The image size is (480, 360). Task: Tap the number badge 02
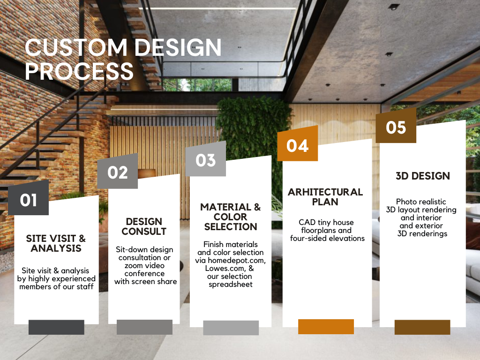coord(118,172)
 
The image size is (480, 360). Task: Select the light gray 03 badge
coord(205,159)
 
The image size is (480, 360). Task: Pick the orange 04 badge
coord(298,144)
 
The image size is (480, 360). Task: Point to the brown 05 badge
coord(396,126)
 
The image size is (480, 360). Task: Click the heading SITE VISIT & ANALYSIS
coord(56,243)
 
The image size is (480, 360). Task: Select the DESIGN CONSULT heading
coord(144,226)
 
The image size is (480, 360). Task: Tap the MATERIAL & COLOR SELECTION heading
coord(231,217)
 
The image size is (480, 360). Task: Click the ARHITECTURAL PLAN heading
coord(325,197)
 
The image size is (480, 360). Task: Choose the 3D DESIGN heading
coord(423,176)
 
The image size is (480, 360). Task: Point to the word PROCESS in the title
coord(79,71)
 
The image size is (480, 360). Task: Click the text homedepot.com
coord(237,261)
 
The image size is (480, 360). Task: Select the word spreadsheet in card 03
coord(231,285)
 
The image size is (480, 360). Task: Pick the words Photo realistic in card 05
coord(421,202)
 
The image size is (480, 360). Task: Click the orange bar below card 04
coord(326,327)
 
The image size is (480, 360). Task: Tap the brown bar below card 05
coord(422,327)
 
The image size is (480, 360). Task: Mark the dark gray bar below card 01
coord(56,327)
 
